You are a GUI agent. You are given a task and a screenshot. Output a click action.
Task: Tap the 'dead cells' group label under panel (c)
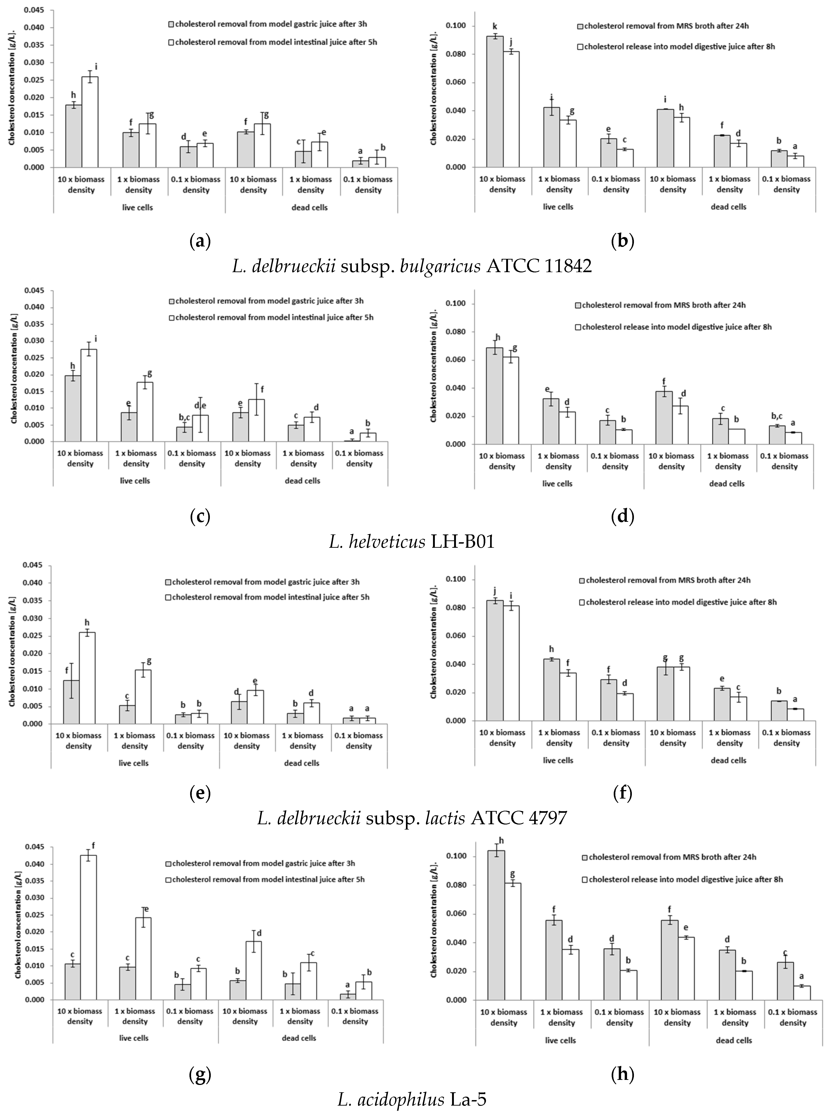pos(303,481)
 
